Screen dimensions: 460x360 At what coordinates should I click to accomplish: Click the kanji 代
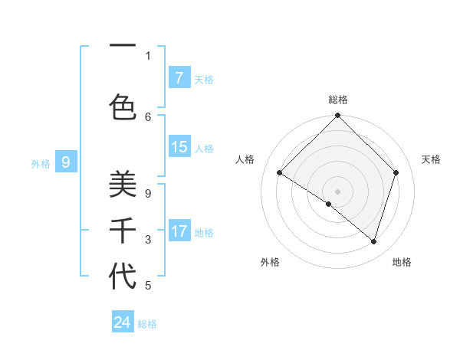pos(123,277)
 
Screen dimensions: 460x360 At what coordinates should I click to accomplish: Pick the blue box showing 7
pos(179,77)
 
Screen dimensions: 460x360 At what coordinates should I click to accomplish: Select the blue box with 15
pos(179,147)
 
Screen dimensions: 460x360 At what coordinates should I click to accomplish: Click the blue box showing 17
pos(179,231)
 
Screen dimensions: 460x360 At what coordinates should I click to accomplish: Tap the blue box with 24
pos(123,322)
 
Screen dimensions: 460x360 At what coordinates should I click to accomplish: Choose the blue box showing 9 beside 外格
pos(66,162)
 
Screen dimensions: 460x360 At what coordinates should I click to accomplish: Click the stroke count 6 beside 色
pos(148,116)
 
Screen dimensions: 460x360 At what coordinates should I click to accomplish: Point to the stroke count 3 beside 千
pos(148,240)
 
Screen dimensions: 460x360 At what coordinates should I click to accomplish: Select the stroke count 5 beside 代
pos(148,286)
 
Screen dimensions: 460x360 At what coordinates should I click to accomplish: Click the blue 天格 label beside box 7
pos(204,79)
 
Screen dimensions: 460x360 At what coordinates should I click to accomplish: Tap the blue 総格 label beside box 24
pos(147,324)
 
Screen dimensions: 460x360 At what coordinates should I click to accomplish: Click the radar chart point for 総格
pos(337,116)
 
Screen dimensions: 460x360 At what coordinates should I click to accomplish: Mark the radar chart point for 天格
pos(396,172)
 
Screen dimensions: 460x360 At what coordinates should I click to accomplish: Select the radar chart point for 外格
pos(329,204)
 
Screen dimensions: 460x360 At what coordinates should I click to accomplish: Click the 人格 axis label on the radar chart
pos(245,159)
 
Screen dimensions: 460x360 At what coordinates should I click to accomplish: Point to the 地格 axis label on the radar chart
pos(402,262)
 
